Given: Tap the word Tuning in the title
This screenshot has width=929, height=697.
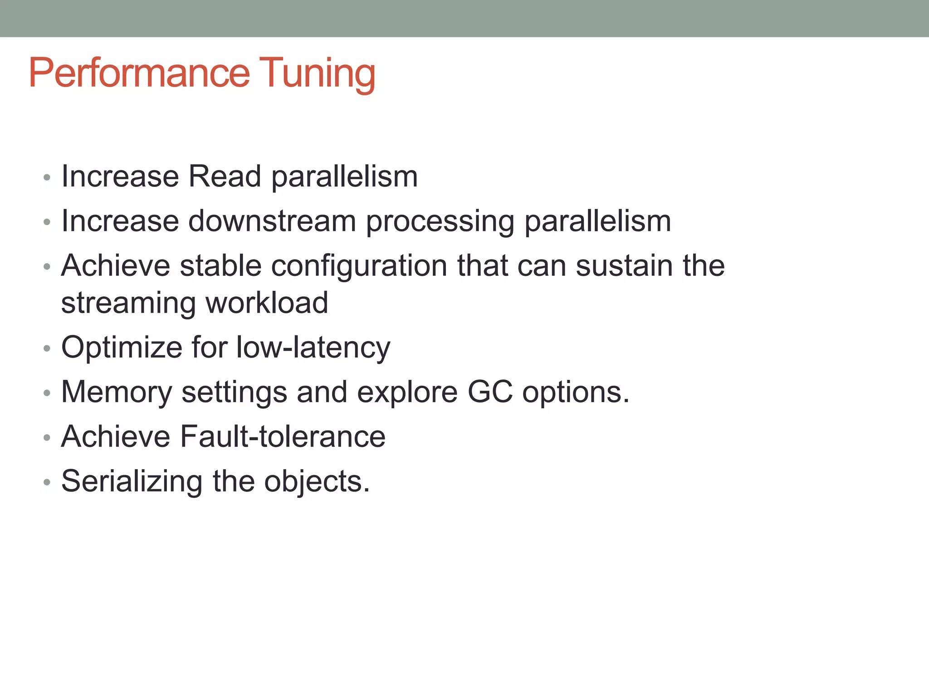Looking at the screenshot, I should (317, 73).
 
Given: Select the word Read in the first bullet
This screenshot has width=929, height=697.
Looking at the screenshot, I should (225, 176).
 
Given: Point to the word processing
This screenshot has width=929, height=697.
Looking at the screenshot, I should (440, 222).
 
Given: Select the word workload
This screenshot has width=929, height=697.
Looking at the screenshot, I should (267, 303).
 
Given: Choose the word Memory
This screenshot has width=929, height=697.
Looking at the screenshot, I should (116, 393).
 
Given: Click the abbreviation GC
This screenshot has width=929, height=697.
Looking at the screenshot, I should (490, 392).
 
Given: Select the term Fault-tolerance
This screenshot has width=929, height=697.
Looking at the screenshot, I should (282, 437).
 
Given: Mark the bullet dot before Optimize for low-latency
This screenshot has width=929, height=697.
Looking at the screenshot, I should (47, 348).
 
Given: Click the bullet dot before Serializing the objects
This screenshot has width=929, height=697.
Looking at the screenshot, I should (47, 482).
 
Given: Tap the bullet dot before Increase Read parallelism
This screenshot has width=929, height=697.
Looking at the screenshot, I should (47, 177).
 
